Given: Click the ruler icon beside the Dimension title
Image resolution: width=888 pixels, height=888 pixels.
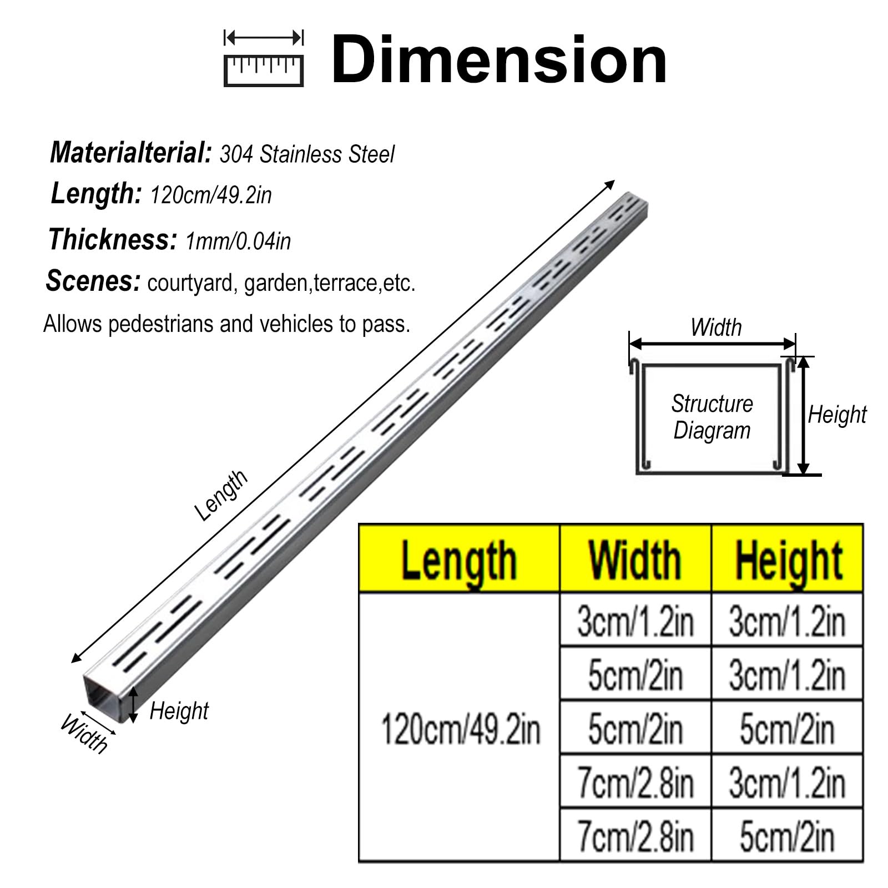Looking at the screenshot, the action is (x=264, y=59).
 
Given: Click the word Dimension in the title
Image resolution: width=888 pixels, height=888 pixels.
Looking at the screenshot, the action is (x=499, y=59).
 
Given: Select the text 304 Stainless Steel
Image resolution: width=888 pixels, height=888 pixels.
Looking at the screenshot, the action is (x=307, y=154).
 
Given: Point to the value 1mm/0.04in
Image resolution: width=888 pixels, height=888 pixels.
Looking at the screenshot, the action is (x=238, y=241).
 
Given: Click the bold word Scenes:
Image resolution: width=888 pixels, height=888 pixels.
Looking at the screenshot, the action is (x=93, y=281).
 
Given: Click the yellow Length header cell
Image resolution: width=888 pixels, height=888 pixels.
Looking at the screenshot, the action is (x=459, y=558).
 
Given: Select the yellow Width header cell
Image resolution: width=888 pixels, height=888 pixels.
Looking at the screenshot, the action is (x=635, y=558).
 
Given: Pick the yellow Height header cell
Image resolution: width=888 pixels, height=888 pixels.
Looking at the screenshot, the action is (x=788, y=558).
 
